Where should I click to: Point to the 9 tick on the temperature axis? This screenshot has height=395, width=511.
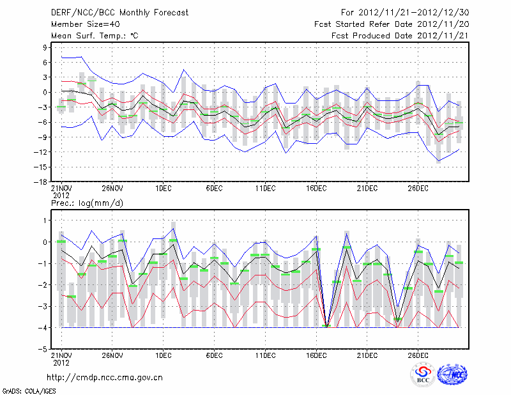(x=45, y=47)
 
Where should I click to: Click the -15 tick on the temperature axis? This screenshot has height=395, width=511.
(x=42, y=167)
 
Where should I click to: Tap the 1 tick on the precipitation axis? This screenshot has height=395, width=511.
(x=45, y=220)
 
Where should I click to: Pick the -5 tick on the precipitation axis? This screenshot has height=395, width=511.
(x=43, y=350)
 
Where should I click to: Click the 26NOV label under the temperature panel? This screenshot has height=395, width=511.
(x=112, y=189)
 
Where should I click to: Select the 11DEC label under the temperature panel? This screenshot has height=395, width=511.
(x=265, y=189)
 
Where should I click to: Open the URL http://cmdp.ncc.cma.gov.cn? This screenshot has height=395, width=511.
(x=105, y=377)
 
